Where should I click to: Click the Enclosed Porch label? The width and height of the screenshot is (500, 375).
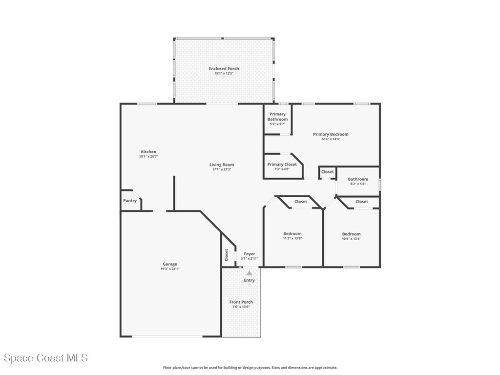[x=224, y=69]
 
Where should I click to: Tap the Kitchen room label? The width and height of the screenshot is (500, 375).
[x=148, y=152]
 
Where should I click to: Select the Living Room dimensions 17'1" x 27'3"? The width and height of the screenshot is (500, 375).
[x=222, y=170]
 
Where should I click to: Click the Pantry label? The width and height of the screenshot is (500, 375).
[x=130, y=201]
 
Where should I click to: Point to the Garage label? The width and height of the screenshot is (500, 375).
[x=170, y=264]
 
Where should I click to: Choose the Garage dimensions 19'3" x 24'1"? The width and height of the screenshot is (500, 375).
[x=170, y=269]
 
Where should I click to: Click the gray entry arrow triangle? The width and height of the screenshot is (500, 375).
[x=250, y=273]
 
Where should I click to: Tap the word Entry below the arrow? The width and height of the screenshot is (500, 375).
[x=250, y=280]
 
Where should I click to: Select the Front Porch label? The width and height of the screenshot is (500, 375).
[x=241, y=302]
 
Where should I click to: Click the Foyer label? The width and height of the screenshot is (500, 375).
[x=250, y=254]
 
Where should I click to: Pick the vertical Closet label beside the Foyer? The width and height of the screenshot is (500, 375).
[x=227, y=255]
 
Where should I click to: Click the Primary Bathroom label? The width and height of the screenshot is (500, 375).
[x=277, y=117]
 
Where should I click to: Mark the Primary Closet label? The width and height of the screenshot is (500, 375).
[x=282, y=165]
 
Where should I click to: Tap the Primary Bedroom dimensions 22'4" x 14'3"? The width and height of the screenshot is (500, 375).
[x=331, y=139]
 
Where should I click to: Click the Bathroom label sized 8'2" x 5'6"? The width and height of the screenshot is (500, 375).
[x=358, y=179]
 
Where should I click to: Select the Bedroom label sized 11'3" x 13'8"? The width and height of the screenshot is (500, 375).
[x=292, y=234]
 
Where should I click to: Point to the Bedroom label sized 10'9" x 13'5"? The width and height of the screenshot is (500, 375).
[x=351, y=234]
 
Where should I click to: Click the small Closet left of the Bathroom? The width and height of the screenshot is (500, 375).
[x=327, y=172]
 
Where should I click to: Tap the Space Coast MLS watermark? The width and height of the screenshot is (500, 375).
[x=44, y=358]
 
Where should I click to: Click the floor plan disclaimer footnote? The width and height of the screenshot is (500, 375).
[x=250, y=368]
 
